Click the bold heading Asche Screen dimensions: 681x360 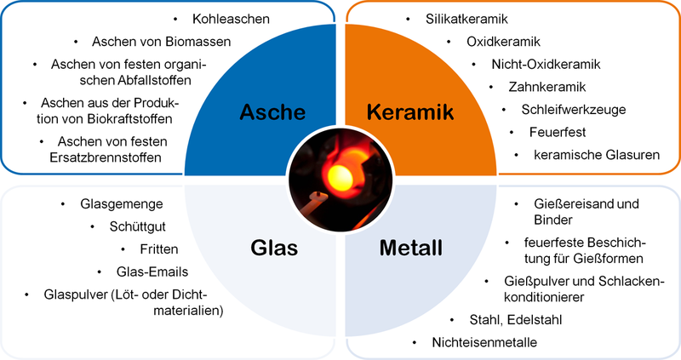pyautogui.click(x=272, y=112)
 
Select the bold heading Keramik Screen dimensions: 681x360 pyautogui.click(x=410, y=112)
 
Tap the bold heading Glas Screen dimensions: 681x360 pyautogui.click(x=274, y=248)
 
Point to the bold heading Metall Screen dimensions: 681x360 pyautogui.click(x=411, y=248)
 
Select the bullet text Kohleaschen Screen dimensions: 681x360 pyautogui.click(x=231, y=19)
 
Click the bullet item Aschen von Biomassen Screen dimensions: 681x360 pyautogui.click(x=161, y=42)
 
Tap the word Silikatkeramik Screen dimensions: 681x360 pyautogui.click(x=466, y=19)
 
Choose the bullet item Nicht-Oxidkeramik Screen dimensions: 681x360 pyautogui.click(x=546, y=65)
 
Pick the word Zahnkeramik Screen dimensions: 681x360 pyautogui.click(x=547, y=87)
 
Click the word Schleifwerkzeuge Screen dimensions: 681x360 pyautogui.click(x=573, y=110)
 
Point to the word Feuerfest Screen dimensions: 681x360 pyautogui.click(x=558, y=132)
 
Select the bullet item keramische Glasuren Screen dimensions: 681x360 pyautogui.click(x=597, y=155)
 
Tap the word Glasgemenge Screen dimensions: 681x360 pyautogui.click(x=122, y=204)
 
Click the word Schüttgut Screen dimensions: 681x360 pyautogui.click(x=137, y=226)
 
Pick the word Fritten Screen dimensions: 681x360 pyautogui.click(x=159, y=249)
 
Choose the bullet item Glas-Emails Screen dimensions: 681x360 pyautogui.click(x=152, y=271)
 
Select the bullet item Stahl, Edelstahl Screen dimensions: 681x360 pyautogui.click(x=516, y=320)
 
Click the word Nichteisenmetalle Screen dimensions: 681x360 pyautogui.click(x=484, y=342)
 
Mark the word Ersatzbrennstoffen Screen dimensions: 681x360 pyautogui.click(x=105, y=157)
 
